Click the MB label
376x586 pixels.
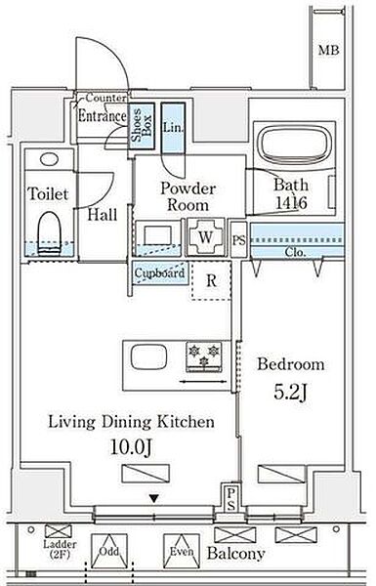click(328, 50)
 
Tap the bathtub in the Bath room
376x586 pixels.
click(295, 145)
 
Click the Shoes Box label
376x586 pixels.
click(142, 126)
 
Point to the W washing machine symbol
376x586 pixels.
click(205, 237)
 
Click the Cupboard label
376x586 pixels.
click(160, 273)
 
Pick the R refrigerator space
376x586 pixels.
click(211, 280)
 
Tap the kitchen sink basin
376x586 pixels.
click(148, 356)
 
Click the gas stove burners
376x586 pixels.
click(204, 356)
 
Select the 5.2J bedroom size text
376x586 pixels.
click(291, 392)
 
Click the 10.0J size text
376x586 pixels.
click(131, 446)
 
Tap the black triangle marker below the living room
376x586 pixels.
click(153, 498)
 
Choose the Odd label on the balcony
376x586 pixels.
click(109, 551)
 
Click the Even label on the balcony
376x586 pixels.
click(182, 551)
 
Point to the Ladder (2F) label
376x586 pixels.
click(60, 549)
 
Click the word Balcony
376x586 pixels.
click(235, 553)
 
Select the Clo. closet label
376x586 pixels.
click(295, 252)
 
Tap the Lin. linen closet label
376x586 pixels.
click(174, 127)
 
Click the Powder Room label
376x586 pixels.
click(188, 196)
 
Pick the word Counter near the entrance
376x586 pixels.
click(106, 98)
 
